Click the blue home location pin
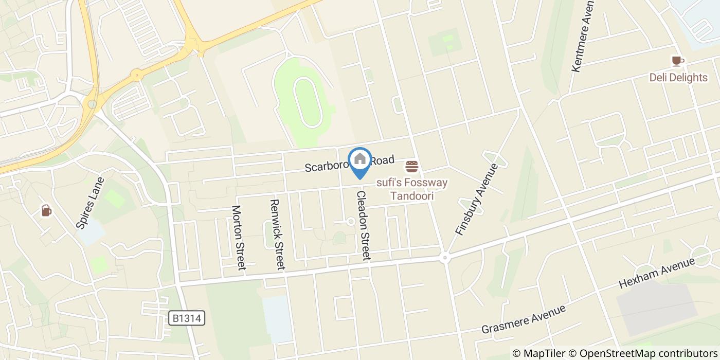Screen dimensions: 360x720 [x=360, y=160]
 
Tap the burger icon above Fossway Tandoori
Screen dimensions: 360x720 [x=412, y=167]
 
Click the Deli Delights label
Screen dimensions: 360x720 [x=678, y=78]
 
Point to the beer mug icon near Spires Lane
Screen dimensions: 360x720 [x=46, y=210]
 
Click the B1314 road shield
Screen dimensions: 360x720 [x=187, y=318]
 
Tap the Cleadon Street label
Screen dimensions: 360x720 [x=363, y=225]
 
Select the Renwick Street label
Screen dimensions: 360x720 [x=277, y=235]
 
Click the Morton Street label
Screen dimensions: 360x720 [x=239, y=237]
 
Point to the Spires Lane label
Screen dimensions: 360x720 [x=90, y=203]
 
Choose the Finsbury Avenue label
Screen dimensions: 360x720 [x=477, y=199]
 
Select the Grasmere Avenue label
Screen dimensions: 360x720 [x=524, y=319]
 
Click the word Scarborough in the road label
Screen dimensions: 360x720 [x=327, y=166]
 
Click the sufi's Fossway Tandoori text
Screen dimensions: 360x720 [x=411, y=189]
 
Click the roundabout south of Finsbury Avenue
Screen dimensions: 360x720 [x=445, y=258]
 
